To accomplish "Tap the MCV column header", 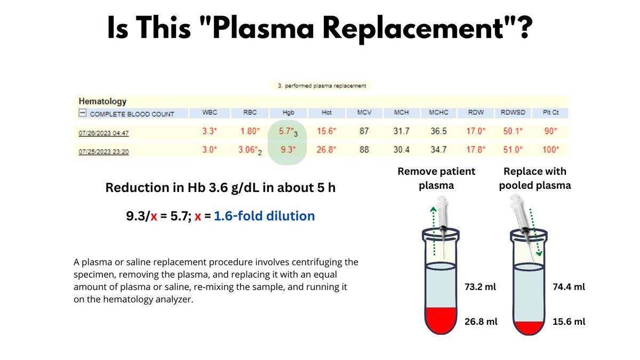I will coord(364,113).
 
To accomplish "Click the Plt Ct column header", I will coord(550,113).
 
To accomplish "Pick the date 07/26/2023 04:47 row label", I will coord(103,133).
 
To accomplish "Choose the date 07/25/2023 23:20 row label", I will coord(103,151).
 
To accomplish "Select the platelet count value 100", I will coord(550,150).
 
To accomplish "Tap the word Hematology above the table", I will coord(102,101).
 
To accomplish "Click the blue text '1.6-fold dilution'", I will coord(264,216).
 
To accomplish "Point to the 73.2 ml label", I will coord(481,287).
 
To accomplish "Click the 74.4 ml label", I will coord(570,287).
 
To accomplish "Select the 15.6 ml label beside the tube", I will coord(570,322).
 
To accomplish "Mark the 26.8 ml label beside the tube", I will coord(481,322).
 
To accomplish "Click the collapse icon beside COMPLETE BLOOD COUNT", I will coord(83,114).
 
